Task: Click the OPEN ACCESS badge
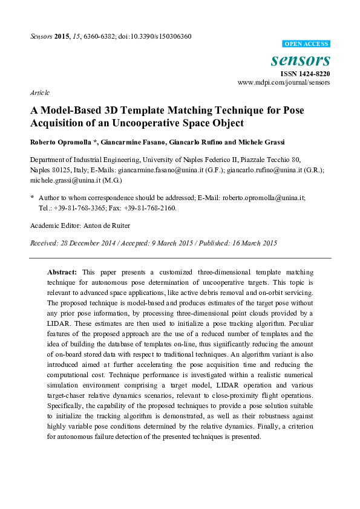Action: tap(307, 44)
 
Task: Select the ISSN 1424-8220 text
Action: tap(305, 73)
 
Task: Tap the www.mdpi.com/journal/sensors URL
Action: tap(284, 82)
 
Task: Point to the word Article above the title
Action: tap(39, 92)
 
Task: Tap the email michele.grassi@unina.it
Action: tap(64, 180)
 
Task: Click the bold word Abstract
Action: tap(62, 273)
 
